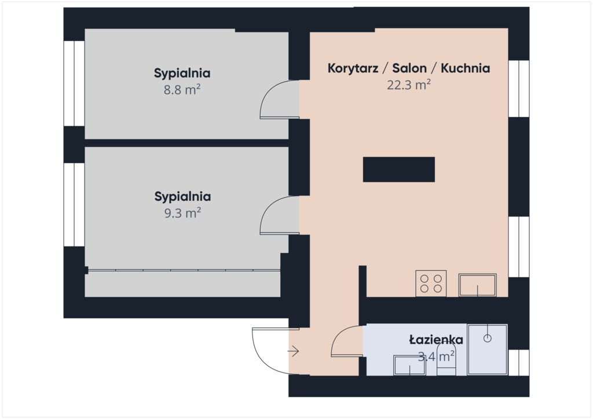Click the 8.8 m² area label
click(x=182, y=90)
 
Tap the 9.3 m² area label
click(x=182, y=213)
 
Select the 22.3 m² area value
click(x=409, y=84)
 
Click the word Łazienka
click(x=436, y=340)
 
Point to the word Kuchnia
click(x=466, y=68)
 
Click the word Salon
click(x=409, y=68)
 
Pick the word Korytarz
click(x=353, y=68)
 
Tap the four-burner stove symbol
click(x=431, y=284)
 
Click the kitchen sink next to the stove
click(x=478, y=285)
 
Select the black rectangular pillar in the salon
click(x=398, y=169)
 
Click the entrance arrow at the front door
click(x=293, y=351)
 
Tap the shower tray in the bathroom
click(x=488, y=350)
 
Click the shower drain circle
click(x=488, y=339)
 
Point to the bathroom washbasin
click(x=409, y=365)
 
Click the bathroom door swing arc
click(x=336, y=336)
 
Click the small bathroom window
click(x=518, y=363)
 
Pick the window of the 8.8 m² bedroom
click(x=74, y=83)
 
